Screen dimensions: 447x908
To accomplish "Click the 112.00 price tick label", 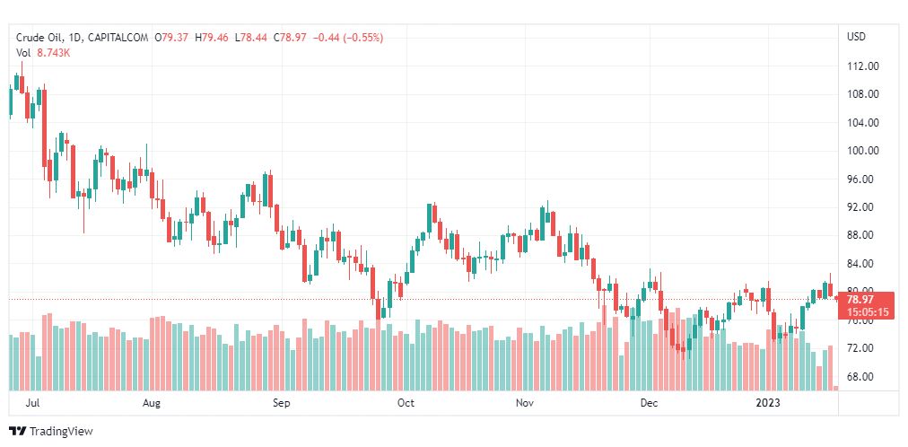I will point(862,66).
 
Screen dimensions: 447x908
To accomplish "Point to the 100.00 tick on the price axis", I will point(862,151).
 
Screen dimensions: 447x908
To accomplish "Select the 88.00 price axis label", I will point(862,235).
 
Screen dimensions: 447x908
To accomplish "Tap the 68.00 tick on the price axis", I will point(862,376).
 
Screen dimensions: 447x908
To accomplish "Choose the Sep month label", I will point(282,403).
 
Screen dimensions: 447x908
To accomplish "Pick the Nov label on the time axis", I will point(525,403).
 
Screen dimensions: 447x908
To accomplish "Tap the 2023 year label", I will point(769,403).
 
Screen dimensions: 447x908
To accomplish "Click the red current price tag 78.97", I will point(860,299).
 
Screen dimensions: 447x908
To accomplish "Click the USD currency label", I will point(856,37).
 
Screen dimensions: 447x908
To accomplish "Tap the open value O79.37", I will point(171,38).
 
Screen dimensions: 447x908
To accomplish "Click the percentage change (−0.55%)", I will point(361,38).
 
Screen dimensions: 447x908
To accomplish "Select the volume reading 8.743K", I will point(54,53).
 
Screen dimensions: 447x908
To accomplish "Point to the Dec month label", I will point(649,403).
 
